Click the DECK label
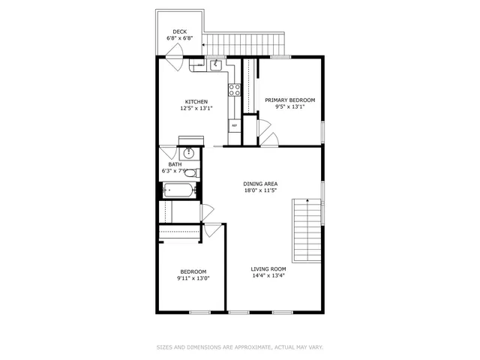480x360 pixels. click(179, 31)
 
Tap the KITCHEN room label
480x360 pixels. click(196, 102)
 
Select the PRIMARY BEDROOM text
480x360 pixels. click(289, 100)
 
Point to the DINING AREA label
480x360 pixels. click(260, 184)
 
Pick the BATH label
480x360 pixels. click(174, 164)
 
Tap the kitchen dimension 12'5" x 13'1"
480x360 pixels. click(196, 109)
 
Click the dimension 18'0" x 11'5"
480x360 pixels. click(260, 190)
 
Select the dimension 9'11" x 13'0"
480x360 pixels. click(193, 278)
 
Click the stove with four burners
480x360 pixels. click(234, 90)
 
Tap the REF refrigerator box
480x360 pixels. click(234, 125)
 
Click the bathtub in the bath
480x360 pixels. click(179, 189)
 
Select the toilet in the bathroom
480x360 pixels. click(190, 173)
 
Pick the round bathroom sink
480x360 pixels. click(189, 154)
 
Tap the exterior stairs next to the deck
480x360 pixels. click(247, 42)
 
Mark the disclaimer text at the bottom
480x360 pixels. click(239, 347)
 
